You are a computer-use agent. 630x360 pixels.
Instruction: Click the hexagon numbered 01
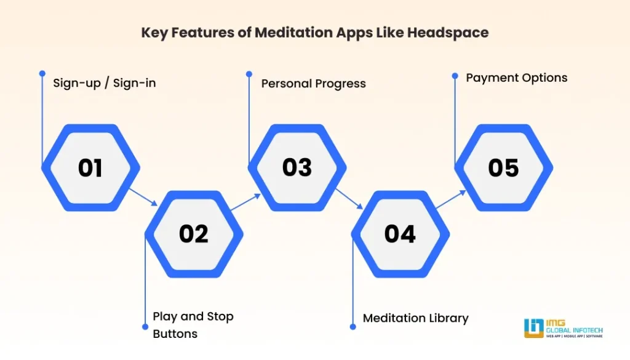coord(90,167)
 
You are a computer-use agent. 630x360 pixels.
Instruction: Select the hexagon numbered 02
coord(194,234)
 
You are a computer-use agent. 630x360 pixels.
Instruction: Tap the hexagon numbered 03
coord(297,167)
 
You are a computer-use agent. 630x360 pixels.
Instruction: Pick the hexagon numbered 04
coord(401,234)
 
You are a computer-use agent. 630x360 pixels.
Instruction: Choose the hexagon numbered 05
coord(503,167)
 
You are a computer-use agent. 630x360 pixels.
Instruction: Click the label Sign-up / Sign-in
coord(104,82)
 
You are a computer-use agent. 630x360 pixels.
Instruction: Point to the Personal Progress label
coord(313,83)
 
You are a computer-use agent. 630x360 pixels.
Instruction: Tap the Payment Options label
coord(516,78)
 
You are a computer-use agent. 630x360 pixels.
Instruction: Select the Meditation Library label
coord(415,318)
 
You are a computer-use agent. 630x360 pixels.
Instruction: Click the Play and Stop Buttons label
coord(193,325)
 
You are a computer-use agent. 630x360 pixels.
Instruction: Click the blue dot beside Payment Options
coord(455,76)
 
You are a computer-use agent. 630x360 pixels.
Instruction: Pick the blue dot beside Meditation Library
coord(352,327)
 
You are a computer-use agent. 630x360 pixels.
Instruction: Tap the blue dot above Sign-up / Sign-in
coord(42,73)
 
